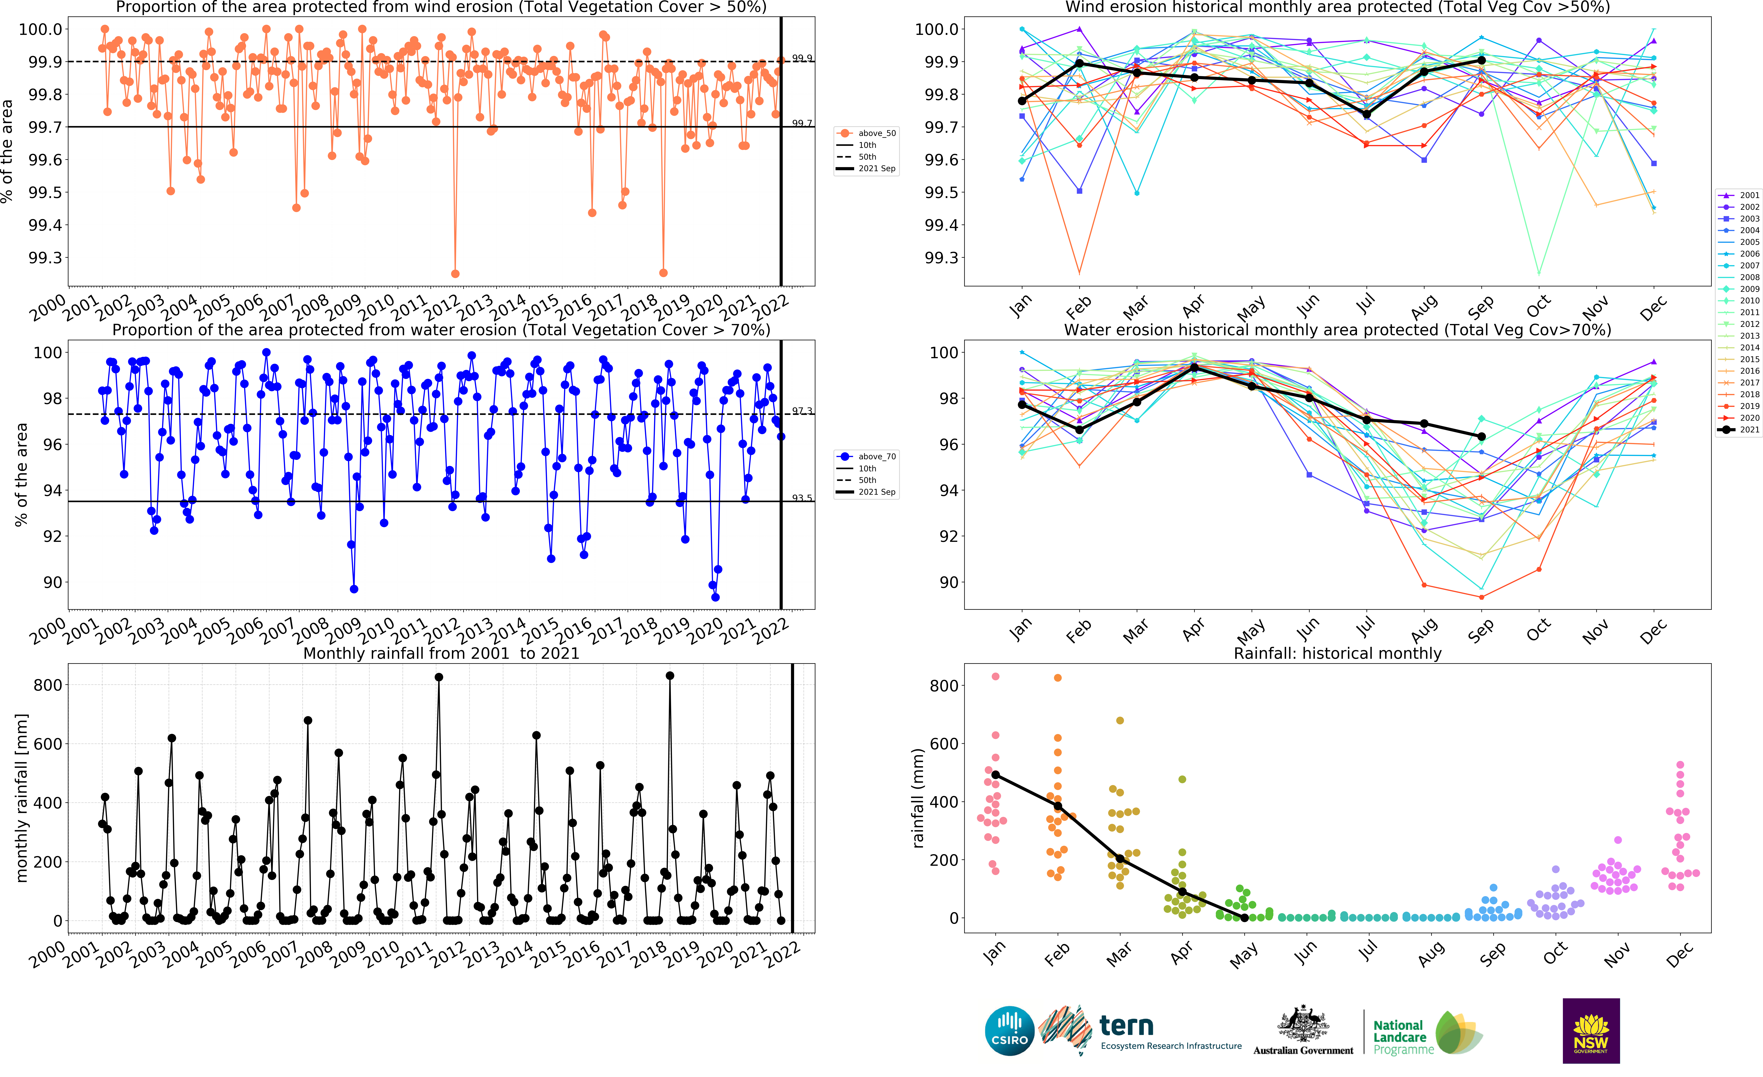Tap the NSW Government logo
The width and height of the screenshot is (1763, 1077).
[x=1590, y=1031]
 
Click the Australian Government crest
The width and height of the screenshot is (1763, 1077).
[x=1303, y=1024]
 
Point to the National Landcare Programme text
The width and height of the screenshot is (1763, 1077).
[x=1402, y=1037]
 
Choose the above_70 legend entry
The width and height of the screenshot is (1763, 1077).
[x=867, y=456]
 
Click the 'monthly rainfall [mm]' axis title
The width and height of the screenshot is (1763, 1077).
[x=21, y=797]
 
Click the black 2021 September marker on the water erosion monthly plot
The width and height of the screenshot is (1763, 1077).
[x=1482, y=436]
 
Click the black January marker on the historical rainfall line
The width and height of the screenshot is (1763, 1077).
[x=995, y=775]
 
